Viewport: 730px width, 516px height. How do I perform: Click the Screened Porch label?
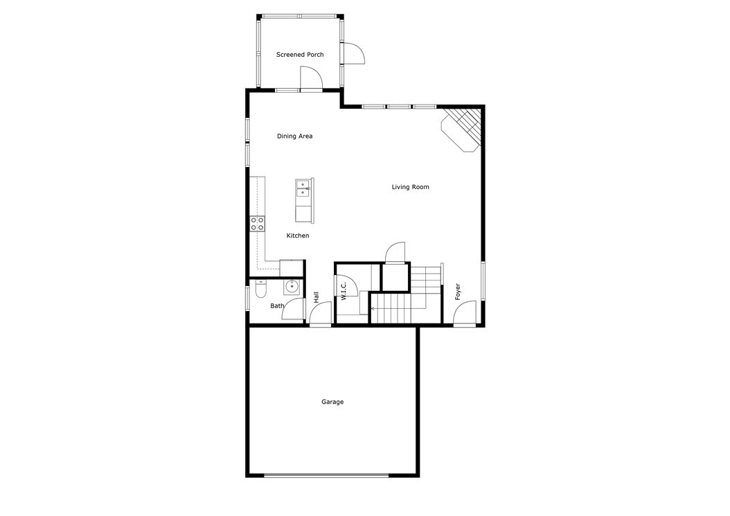point(300,55)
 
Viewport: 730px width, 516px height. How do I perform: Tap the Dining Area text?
point(294,136)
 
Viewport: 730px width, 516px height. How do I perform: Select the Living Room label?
point(410,187)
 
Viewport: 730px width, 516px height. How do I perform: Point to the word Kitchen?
point(298,236)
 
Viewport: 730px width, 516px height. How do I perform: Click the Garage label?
point(332,402)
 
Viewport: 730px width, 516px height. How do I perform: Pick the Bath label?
point(277,306)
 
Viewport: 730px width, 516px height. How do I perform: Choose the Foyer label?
point(458,292)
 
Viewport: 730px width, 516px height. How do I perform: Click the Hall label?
point(317,297)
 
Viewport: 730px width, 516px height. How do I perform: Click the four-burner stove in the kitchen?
point(257,223)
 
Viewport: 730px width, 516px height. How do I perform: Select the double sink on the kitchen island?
point(303,188)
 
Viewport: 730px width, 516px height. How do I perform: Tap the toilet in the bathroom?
point(260,290)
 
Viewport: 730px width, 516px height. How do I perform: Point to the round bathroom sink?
point(293,285)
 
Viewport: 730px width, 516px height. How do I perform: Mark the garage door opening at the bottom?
point(326,475)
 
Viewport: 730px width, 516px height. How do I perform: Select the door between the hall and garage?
point(320,315)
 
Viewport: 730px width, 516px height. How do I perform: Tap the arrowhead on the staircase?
point(374,308)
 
